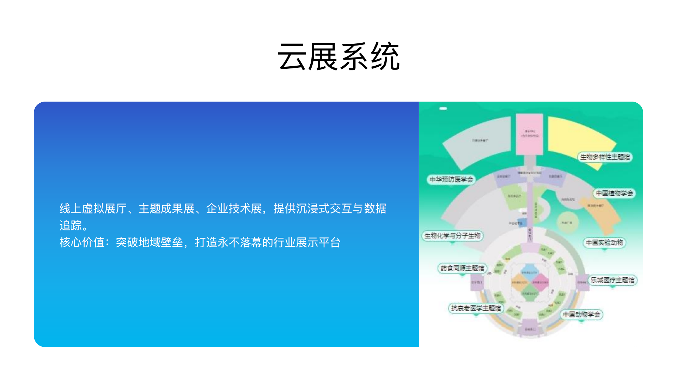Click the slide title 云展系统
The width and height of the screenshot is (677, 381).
coord(338,56)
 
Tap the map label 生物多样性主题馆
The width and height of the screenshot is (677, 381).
coord(605,157)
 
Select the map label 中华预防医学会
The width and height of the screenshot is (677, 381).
coord(451,180)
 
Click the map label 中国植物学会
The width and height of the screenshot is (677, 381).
coord(614,193)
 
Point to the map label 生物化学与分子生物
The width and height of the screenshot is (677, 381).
coord(452,236)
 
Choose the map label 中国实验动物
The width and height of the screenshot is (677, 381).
coord(604,243)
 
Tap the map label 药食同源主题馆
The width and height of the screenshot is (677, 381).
coord(462,268)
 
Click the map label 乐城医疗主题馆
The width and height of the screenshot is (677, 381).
coord(612,280)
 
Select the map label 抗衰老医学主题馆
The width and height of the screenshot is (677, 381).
coord(476,308)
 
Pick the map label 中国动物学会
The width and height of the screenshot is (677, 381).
coord(581,314)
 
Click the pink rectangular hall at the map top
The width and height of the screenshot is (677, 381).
coord(529,134)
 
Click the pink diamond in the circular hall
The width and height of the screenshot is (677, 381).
coord(540,282)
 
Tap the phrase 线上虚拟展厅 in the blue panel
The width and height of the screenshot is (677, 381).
coord(93,209)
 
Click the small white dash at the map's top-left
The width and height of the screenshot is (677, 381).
coord(443,109)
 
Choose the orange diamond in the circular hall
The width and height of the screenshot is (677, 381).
coord(519,282)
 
